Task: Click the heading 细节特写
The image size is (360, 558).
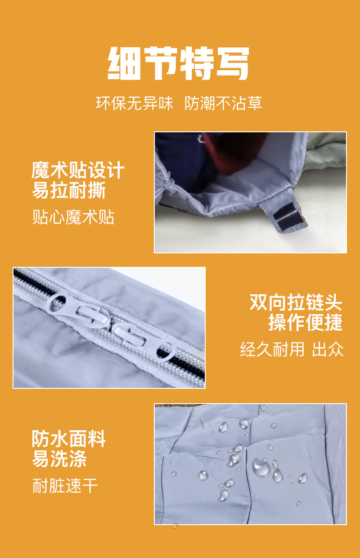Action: coord(178,63)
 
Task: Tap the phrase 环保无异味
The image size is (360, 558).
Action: coord(134,103)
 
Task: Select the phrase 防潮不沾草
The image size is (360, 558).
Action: coord(223,103)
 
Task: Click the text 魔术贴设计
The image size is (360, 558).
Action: coord(78,170)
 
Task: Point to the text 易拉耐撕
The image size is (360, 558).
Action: coord(69,190)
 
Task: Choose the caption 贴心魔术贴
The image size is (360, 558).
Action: coord(73,217)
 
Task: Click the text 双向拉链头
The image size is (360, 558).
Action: coord(296,302)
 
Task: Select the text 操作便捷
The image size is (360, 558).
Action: coord(306,322)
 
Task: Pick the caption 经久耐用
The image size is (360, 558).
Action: coord(272,349)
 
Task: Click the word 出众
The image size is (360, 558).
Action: coord(328,349)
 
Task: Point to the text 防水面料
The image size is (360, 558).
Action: coord(69,438)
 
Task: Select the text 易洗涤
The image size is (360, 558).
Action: coord(59,459)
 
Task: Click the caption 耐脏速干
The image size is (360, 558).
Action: coord(65,486)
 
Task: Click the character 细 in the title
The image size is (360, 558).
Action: coord(124,63)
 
